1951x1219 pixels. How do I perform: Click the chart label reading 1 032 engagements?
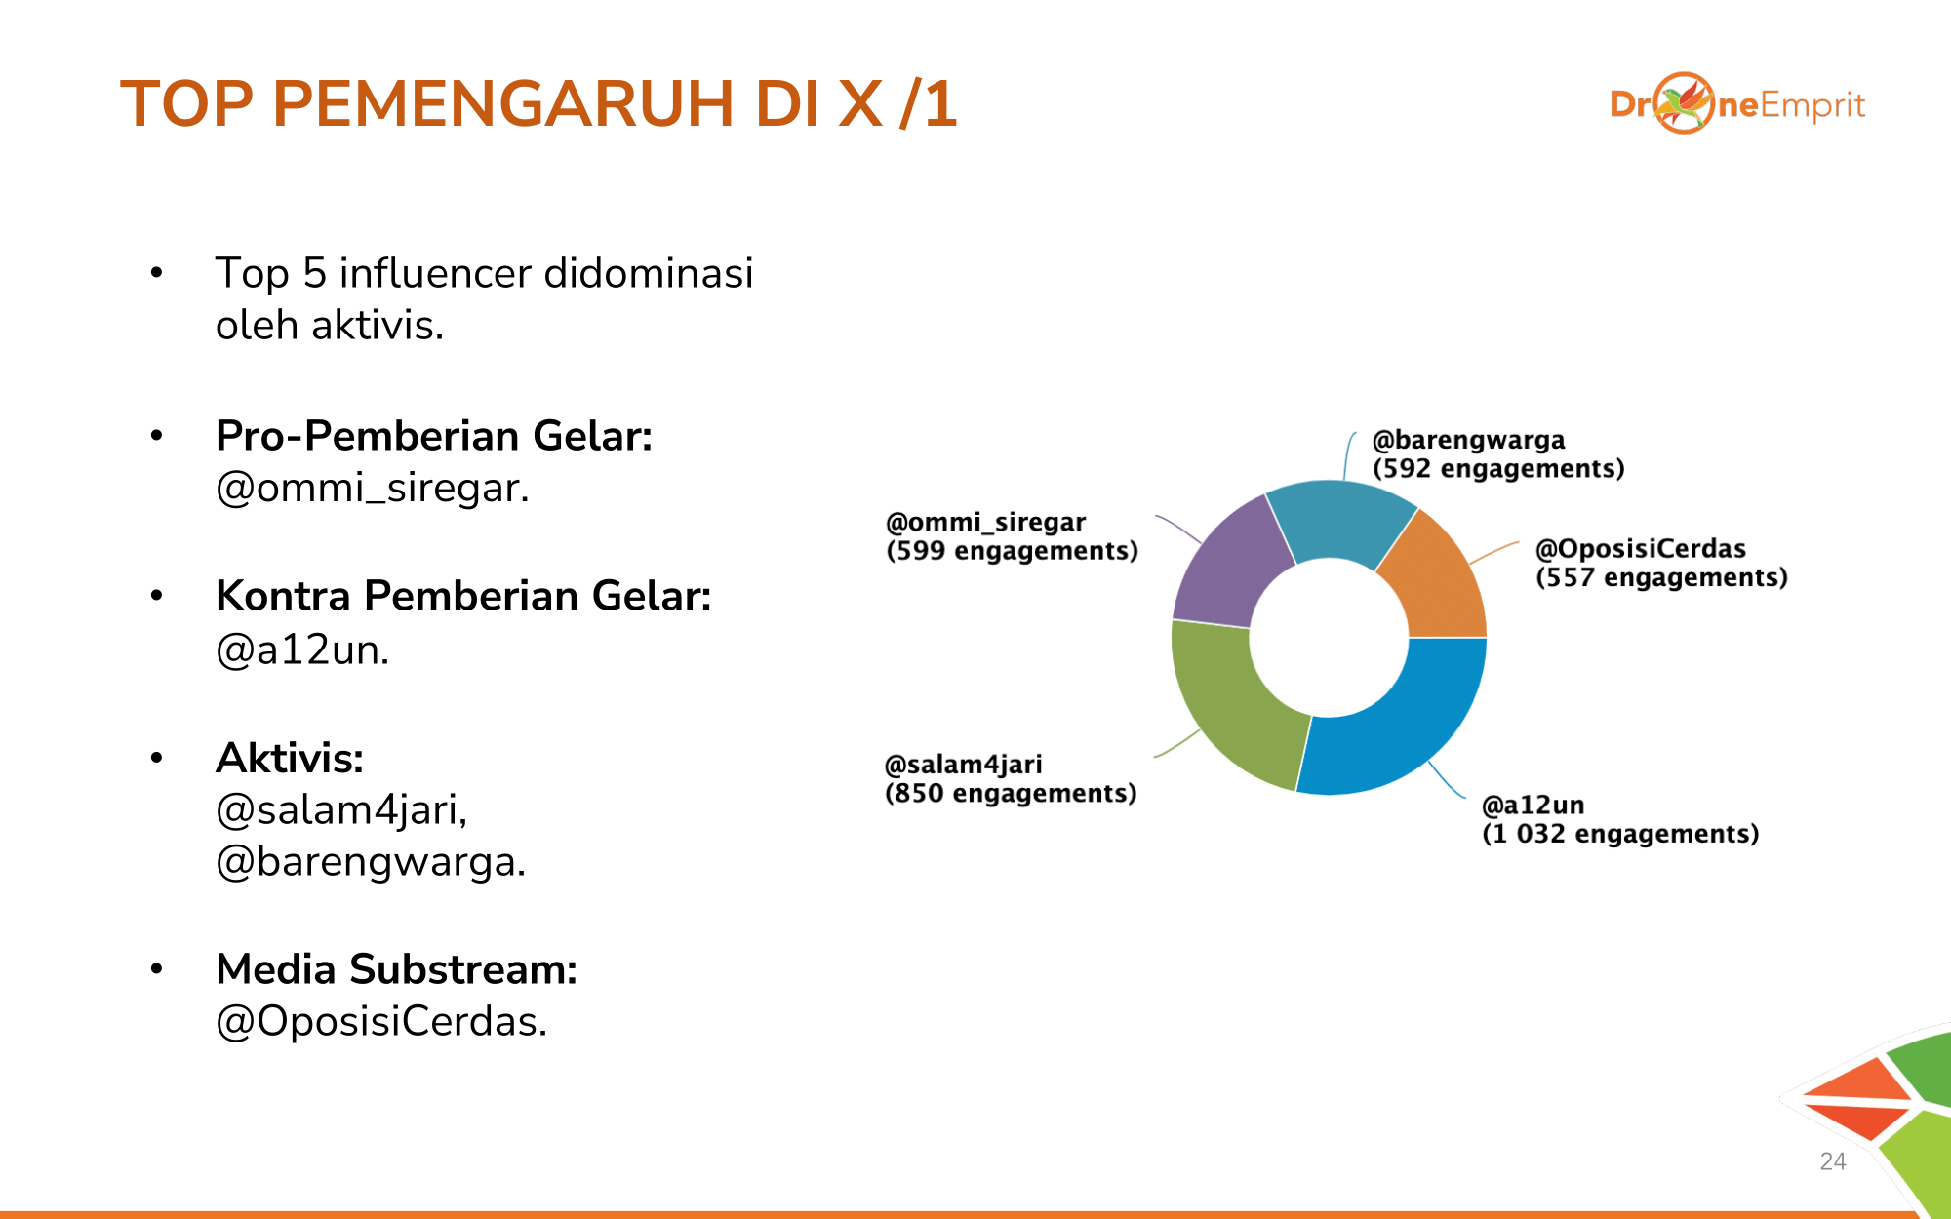(x=1620, y=834)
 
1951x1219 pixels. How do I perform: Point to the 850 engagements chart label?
(x=1011, y=793)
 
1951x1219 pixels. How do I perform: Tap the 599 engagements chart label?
(x=1012, y=551)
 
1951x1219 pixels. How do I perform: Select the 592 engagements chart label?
(x=1498, y=469)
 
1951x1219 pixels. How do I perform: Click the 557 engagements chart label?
(x=1661, y=578)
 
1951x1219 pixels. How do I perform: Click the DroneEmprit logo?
(x=1737, y=103)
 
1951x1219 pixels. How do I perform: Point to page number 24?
(x=1833, y=1161)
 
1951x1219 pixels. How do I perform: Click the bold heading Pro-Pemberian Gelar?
(x=434, y=436)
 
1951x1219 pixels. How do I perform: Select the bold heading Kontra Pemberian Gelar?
(x=463, y=596)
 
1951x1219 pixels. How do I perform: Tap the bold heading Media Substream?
(x=396, y=969)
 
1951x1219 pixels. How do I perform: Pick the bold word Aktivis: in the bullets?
(x=290, y=758)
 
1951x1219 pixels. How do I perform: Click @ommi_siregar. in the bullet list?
(x=373, y=489)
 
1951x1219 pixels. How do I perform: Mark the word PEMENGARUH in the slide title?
(x=503, y=103)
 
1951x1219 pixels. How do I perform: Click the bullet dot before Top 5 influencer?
(x=156, y=273)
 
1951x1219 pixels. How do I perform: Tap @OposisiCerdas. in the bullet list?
(x=381, y=1022)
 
